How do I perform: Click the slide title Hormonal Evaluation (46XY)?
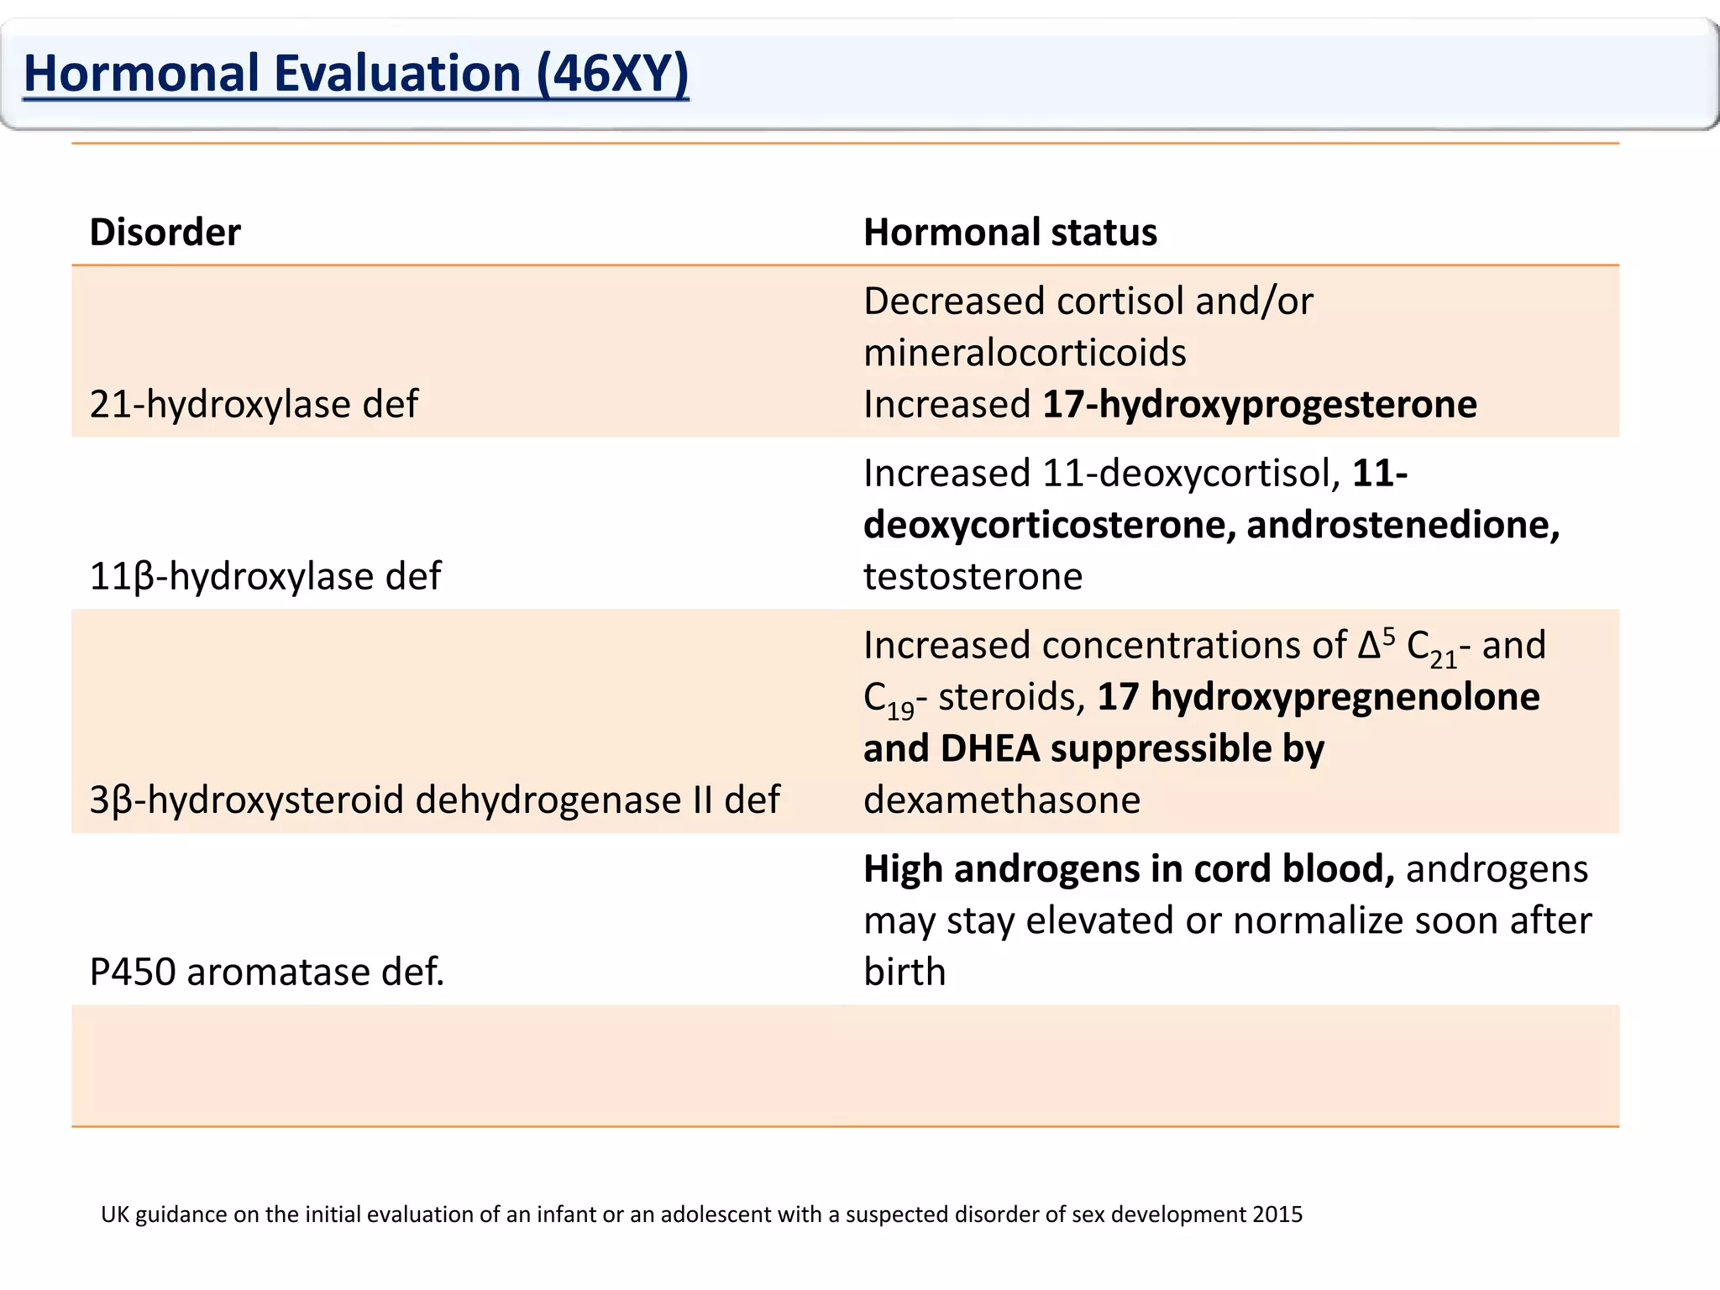(x=356, y=74)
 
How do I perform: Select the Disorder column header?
(x=165, y=233)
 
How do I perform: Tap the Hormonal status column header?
(x=1009, y=233)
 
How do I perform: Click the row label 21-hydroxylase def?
(x=254, y=405)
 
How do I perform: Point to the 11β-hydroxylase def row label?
(x=265, y=577)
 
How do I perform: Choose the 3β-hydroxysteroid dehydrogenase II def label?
(x=434, y=800)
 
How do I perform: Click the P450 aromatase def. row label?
(x=266, y=973)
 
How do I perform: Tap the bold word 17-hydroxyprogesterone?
(x=1259, y=405)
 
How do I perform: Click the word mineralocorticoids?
(x=1025, y=353)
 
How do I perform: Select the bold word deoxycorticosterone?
(x=1049, y=526)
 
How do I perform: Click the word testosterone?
(x=973, y=577)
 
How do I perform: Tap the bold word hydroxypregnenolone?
(x=1345, y=697)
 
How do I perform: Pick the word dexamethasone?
(x=1001, y=800)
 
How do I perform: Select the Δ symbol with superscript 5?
(x=1374, y=645)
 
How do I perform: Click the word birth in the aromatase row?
(x=905, y=973)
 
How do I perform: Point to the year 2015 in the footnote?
(x=1277, y=1214)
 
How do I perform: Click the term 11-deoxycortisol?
(x=1191, y=474)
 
